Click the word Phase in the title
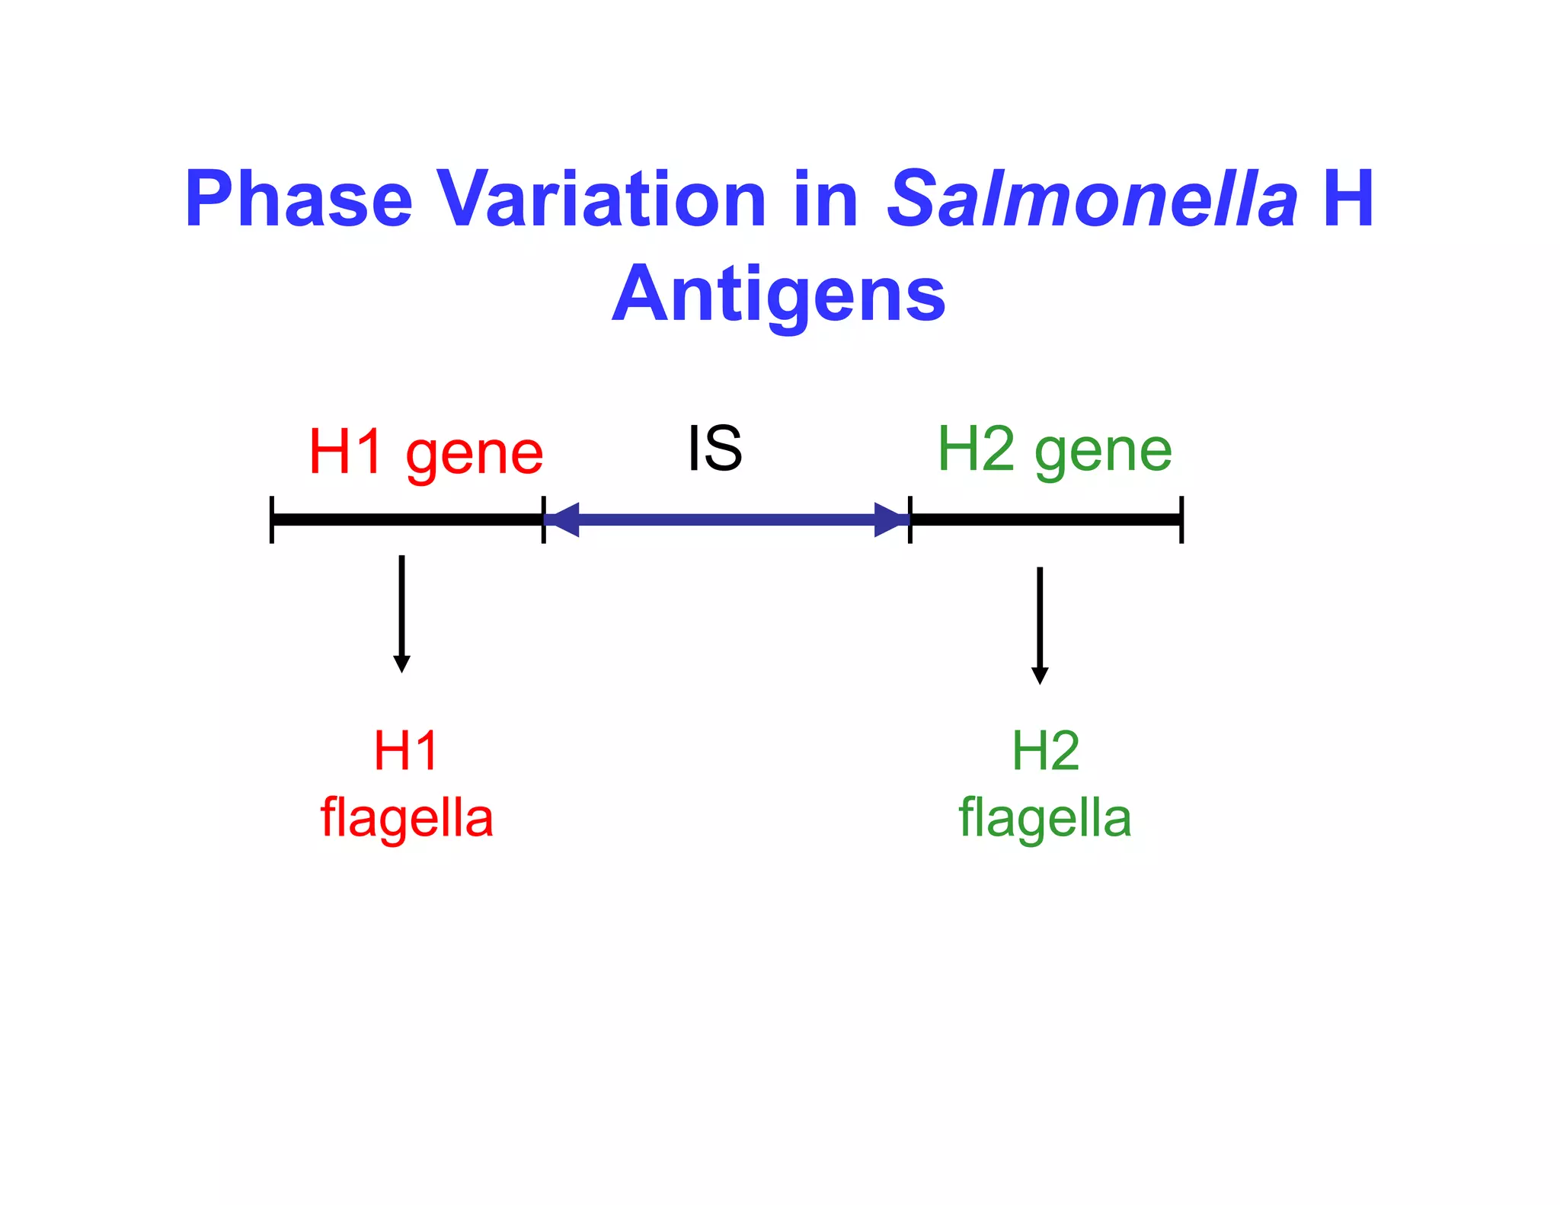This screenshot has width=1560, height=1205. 299,200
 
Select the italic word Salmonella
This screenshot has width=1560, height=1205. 1092,200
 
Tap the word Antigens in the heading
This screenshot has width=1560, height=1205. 778,296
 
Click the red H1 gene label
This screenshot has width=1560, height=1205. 426,452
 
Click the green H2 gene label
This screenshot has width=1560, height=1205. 1054,451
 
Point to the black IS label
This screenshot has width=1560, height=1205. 714,449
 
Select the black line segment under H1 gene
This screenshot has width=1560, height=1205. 408,519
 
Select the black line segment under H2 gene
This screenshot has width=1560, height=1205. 1046,519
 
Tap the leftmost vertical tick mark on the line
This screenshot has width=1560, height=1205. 272,519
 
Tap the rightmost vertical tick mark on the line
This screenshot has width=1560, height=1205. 1181,519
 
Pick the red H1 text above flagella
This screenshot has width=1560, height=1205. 406,751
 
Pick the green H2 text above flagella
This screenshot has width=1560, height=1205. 1045,751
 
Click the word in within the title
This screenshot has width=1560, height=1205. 826,200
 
